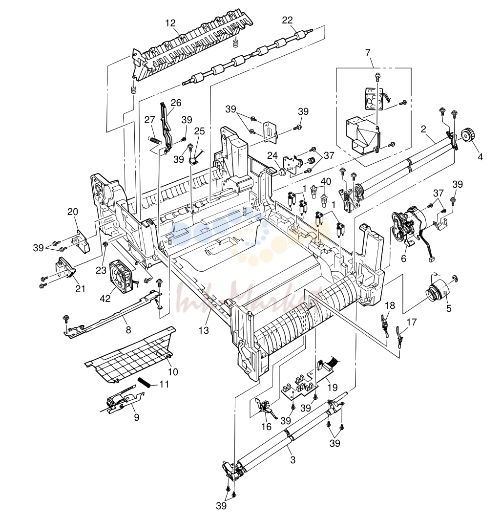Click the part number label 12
(x=170, y=23)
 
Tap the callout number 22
(x=288, y=20)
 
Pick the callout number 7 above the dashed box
(x=368, y=53)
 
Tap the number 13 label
(x=204, y=330)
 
